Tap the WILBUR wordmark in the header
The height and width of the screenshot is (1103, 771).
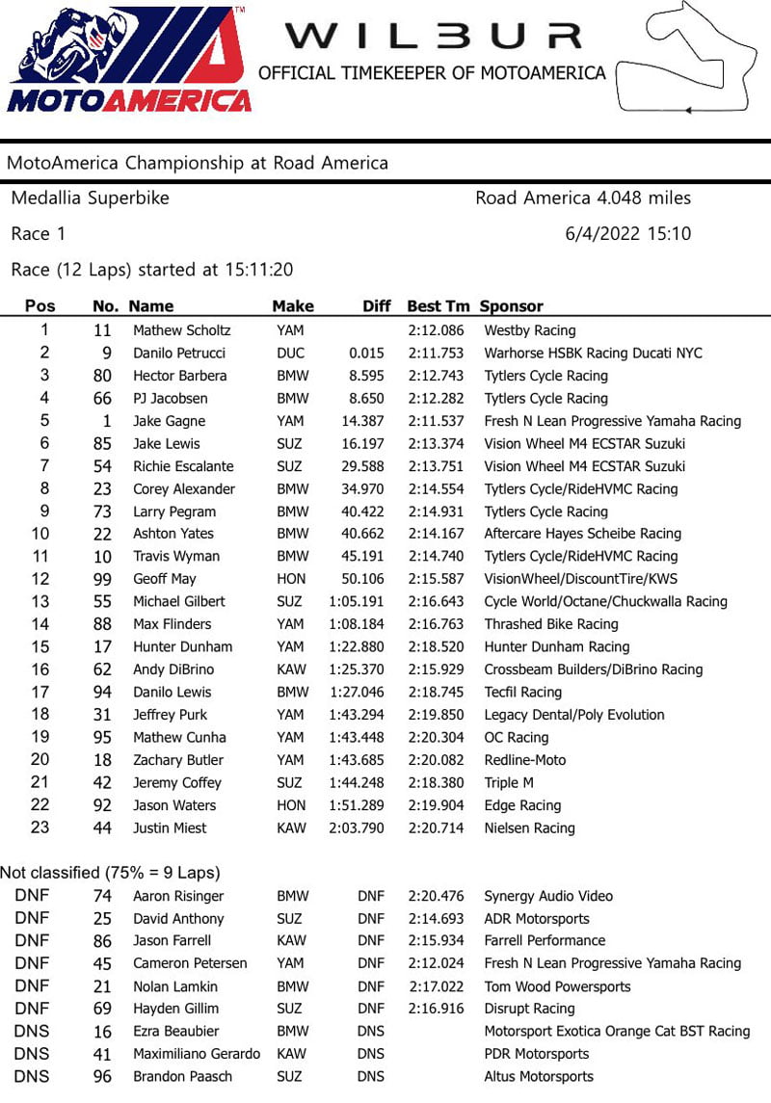click(x=433, y=36)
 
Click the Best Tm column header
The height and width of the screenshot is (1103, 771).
click(x=439, y=306)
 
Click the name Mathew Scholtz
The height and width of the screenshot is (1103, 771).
click(x=182, y=330)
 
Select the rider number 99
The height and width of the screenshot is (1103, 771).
click(x=103, y=579)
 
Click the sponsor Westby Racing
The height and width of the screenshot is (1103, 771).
click(x=530, y=330)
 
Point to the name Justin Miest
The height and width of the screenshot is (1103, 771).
click(x=170, y=827)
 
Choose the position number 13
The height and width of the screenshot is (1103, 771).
click(x=40, y=601)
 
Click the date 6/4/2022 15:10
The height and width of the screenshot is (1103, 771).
click(x=627, y=233)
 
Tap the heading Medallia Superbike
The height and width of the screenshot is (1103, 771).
click(x=90, y=198)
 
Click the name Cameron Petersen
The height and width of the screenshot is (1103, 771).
click(x=190, y=963)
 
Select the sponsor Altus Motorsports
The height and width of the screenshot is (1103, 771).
click(x=539, y=1076)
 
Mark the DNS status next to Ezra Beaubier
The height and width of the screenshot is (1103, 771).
click(x=370, y=1031)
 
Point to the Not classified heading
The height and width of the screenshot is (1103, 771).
click(x=110, y=873)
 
